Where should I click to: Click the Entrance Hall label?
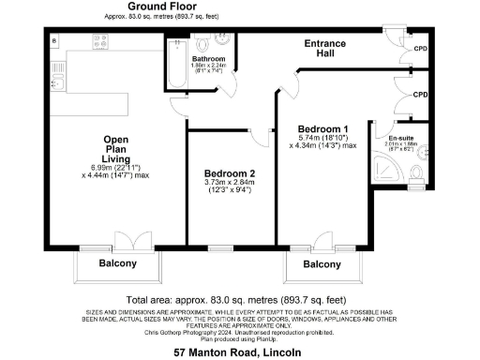point(325,49)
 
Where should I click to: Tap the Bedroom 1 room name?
point(322,128)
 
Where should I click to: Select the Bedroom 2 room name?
point(230,174)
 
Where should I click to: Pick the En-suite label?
point(401,138)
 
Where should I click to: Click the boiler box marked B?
point(55,39)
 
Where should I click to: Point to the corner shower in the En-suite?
point(388,169)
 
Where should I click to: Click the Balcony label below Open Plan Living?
point(118,263)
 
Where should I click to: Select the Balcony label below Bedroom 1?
point(322,265)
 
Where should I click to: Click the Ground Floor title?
point(141,7)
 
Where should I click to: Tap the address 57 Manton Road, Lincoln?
point(238,352)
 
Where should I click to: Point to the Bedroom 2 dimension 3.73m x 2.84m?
point(230,185)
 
